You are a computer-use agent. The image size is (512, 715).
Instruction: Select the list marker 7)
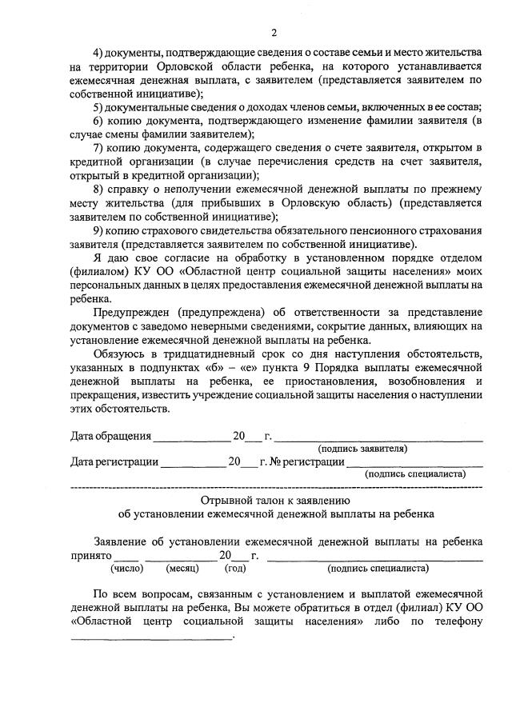coord(99,149)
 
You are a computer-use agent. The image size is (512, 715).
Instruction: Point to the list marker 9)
coord(99,230)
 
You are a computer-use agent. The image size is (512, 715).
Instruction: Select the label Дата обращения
coord(110,437)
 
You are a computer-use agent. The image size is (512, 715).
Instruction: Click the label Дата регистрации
coord(114,461)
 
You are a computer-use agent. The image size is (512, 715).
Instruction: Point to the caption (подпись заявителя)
coord(362,449)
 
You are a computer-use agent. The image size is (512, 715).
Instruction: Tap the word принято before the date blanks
coord(90,556)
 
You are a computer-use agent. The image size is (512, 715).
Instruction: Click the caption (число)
coord(126,569)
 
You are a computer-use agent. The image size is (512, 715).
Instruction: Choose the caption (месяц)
coord(182,569)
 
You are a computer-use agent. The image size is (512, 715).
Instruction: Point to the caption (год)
coord(235,569)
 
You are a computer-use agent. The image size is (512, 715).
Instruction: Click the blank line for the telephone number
coord(152,637)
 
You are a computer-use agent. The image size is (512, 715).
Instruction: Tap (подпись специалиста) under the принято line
coord(378,569)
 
